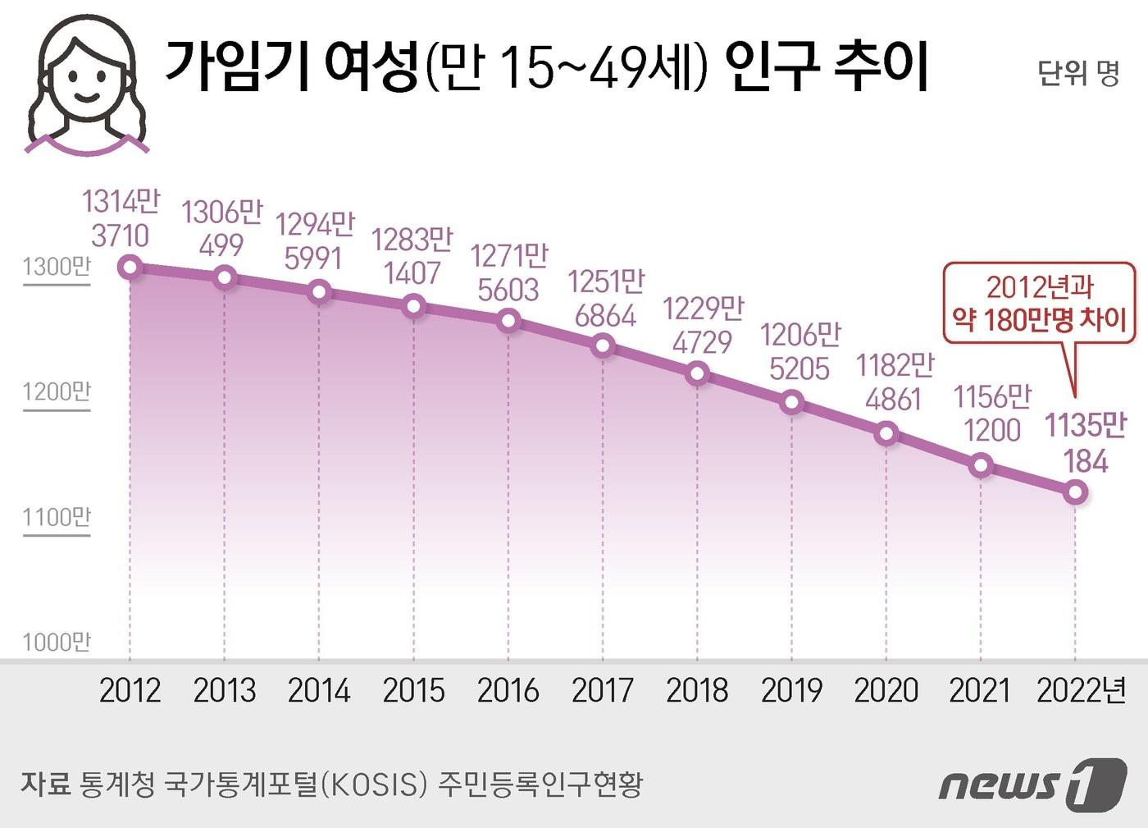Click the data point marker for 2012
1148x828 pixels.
[x=130, y=267]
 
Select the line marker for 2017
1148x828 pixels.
[x=603, y=345]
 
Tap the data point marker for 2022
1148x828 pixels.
[x=1075, y=492]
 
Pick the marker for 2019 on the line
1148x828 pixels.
[x=792, y=402]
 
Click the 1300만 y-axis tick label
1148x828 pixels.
[x=57, y=267]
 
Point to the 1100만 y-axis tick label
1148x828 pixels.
[x=57, y=517]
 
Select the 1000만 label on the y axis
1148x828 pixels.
[x=57, y=642]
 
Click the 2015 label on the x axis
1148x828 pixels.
[x=413, y=690]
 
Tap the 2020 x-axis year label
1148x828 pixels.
[x=886, y=690]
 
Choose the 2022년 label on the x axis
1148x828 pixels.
[x=1081, y=690]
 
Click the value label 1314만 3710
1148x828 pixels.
[x=121, y=218]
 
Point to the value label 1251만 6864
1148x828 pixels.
[x=606, y=299]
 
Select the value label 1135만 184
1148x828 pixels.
[x=1086, y=443]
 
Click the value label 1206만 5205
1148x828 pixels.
[x=799, y=351]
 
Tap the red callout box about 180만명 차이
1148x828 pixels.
[x=1039, y=303]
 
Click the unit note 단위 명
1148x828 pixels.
[x=1077, y=73]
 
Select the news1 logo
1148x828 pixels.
[x=1032, y=784]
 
